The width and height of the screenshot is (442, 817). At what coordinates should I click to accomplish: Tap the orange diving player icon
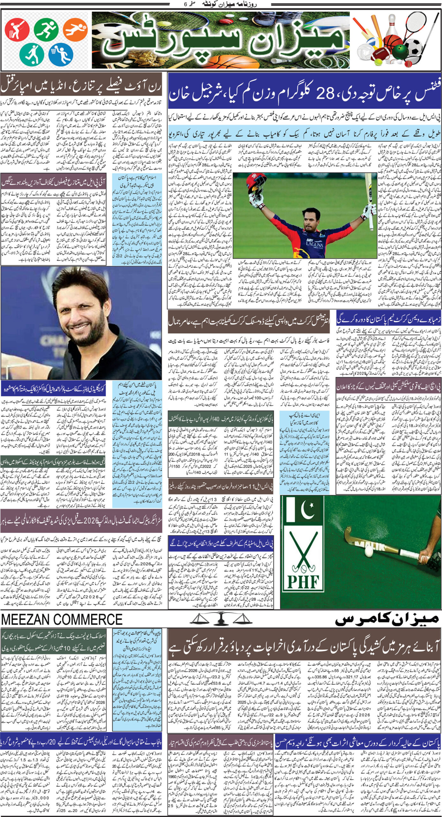click(75, 30)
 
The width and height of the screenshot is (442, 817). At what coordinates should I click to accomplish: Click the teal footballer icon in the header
click(31, 53)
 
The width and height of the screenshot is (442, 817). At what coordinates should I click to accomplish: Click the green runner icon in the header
click(46, 30)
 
